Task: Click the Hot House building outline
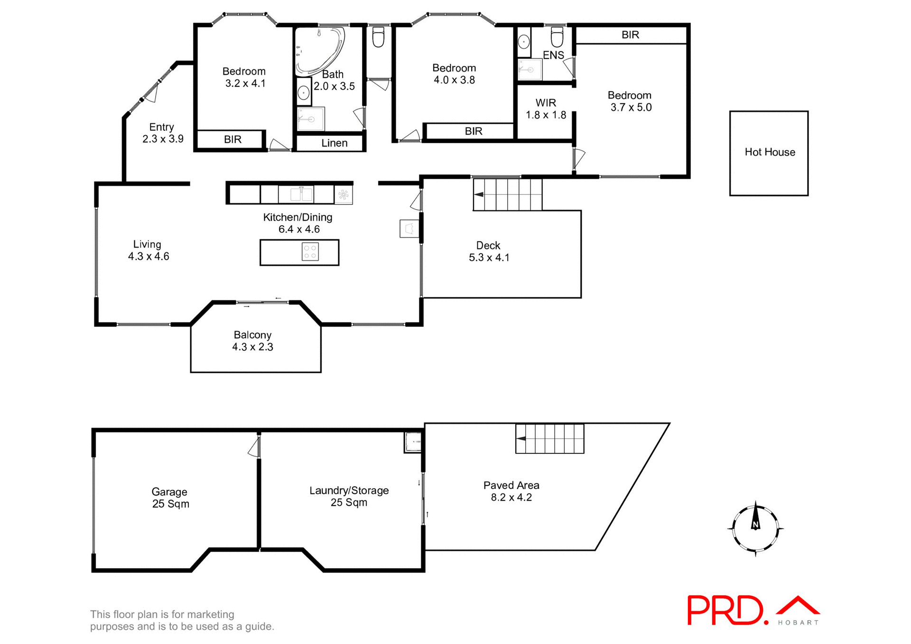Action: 769,153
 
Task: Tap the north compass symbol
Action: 755,528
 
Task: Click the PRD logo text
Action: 726,610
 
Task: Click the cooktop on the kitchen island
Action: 310,252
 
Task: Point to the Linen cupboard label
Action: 334,143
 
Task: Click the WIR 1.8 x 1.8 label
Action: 546,109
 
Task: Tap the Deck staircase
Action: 508,194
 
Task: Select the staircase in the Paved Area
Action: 550,439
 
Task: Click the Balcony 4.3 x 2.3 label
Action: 252,341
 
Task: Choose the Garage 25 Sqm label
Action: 170,498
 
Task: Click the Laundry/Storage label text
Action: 349,490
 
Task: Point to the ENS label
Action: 553,55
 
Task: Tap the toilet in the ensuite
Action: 557,37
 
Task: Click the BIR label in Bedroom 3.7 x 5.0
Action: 630,35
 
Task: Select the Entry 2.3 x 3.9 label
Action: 162,133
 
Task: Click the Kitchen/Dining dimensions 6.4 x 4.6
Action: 299,230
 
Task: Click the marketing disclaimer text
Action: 182,620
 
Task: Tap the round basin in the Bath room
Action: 304,93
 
